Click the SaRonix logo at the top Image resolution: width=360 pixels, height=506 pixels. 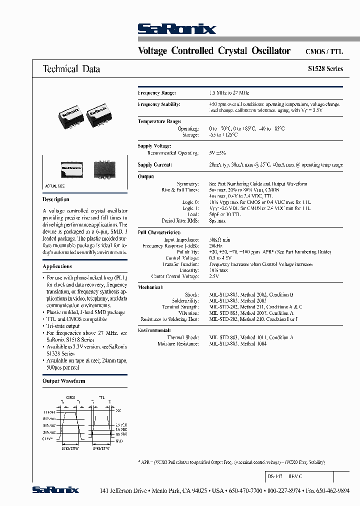pos(176,29)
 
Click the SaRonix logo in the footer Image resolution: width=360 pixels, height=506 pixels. pos(55,490)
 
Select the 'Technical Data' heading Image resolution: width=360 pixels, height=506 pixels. pos(71,69)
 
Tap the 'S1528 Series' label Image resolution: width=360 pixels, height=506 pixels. pos(325,69)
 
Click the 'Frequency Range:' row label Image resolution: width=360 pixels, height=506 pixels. pos(156,93)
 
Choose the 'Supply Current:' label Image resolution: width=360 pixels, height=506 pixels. pos(154,164)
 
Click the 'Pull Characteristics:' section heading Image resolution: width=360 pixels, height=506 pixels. pos(158,232)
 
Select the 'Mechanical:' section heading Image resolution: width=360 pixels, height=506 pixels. pos(150,287)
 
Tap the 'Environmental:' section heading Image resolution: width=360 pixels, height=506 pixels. pos(154,330)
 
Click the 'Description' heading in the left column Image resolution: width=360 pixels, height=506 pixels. pos(56,199)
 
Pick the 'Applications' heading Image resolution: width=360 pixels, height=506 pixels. pos(57,266)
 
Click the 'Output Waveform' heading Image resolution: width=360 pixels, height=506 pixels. pos(64,381)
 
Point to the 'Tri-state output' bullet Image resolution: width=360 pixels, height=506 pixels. pos(62,325)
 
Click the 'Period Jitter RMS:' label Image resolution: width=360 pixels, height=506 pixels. pos(180,220)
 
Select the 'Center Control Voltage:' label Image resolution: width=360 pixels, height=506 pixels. pos(175,276)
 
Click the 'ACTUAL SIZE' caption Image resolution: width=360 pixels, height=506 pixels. pos(55,185)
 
